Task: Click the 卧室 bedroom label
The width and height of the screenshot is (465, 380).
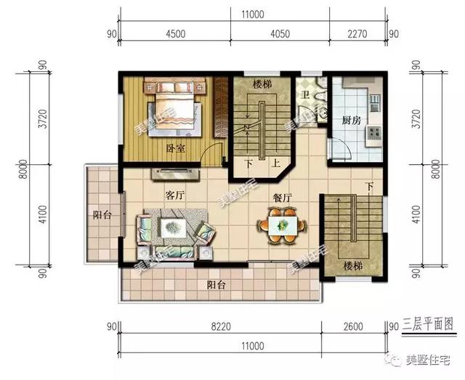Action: tap(176, 148)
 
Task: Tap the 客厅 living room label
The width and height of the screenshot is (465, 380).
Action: tap(174, 195)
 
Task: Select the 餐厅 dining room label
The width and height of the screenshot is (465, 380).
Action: tap(283, 198)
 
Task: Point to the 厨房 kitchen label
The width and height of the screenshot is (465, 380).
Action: tap(352, 121)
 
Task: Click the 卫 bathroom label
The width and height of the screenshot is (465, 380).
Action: tap(305, 95)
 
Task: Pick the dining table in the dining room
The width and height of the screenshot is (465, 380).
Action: tap(283, 225)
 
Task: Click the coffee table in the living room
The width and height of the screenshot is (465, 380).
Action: tap(174, 228)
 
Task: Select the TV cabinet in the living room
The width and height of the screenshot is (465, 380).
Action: tap(175, 174)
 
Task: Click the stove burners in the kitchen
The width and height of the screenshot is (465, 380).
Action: tap(374, 132)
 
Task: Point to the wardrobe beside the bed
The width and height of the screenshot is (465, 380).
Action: tap(221, 107)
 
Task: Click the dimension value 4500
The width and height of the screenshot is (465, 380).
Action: tap(176, 34)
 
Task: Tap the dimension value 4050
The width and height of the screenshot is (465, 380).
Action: tap(280, 34)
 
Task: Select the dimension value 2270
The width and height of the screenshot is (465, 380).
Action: tap(357, 34)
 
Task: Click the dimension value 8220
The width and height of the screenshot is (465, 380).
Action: tap(221, 327)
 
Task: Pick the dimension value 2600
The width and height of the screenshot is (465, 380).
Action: tap(353, 327)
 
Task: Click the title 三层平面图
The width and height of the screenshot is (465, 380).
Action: tap(428, 324)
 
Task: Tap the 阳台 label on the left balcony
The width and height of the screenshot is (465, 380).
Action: tap(102, 214)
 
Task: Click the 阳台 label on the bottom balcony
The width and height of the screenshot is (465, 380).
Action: tap(217, 285)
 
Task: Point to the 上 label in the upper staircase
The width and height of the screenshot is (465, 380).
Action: tap(276, 163)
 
